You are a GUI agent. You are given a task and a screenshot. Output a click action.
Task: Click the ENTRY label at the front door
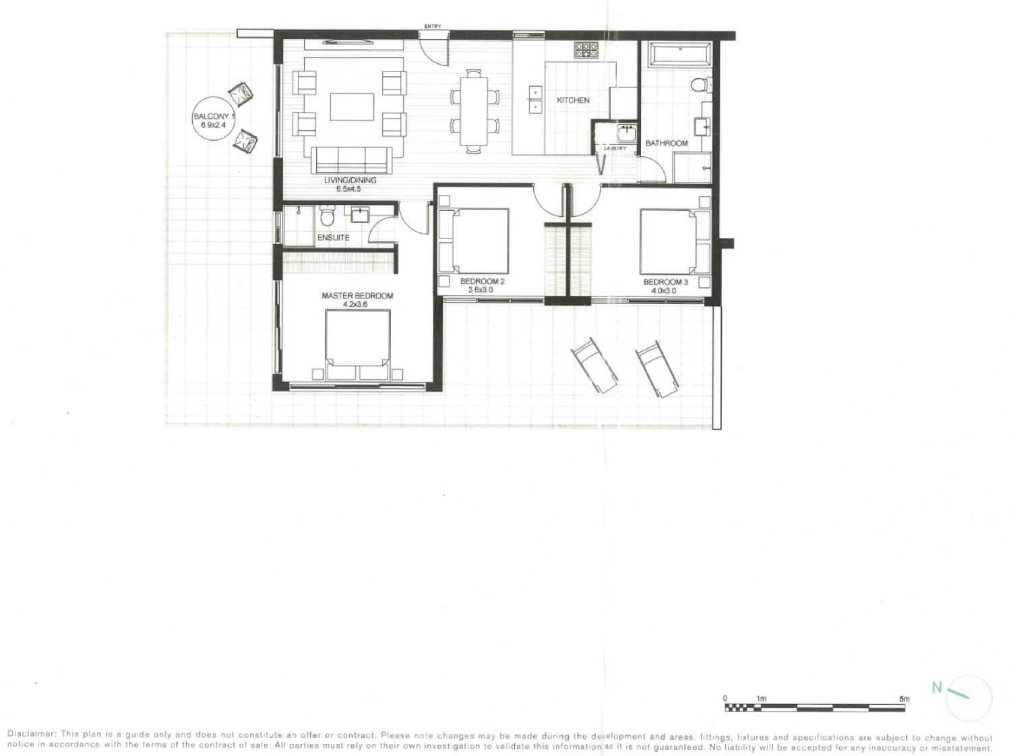point(433,26)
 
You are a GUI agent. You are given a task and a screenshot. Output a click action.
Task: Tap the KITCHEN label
point(573,100)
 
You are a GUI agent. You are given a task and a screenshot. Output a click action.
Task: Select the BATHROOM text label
point(667,144)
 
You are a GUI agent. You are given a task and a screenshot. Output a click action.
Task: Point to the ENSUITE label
point(333,238)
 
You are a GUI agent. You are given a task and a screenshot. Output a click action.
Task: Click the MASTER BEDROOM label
point(357,296)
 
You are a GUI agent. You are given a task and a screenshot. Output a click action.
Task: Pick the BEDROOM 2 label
point(482,282)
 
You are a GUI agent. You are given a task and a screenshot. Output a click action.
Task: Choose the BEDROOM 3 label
point(665,282)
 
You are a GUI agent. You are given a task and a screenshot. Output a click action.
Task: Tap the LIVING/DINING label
point(350,180)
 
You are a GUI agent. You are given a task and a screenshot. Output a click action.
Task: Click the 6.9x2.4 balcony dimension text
point(213,125)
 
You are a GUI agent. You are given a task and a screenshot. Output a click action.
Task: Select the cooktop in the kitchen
point(586,50)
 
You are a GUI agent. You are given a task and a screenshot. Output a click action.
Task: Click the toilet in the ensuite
point(327,216)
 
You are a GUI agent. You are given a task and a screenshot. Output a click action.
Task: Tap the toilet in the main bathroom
point(702,85)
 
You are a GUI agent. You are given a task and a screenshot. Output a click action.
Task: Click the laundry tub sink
point(626,133)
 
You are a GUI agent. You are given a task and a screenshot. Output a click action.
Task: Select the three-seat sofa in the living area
point(351,160)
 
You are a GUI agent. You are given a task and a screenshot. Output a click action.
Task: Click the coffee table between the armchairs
point(352,107)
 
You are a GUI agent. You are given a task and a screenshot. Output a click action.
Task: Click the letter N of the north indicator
point(937,687)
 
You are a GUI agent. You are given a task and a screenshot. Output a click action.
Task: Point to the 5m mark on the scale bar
point(904,699)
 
